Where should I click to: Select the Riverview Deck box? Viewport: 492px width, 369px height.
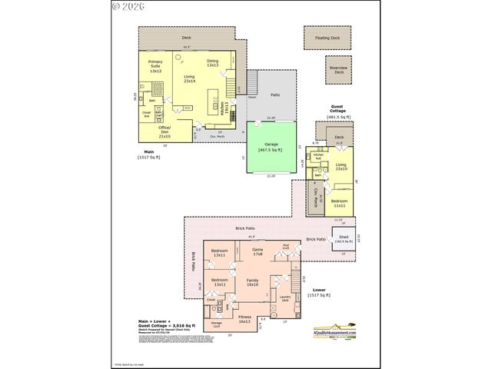[338, 70]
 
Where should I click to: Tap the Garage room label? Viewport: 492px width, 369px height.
[270, 148]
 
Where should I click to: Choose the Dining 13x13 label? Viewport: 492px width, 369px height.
[213, 63]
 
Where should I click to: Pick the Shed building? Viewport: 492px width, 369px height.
[343, 240]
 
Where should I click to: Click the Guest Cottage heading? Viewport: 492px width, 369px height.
[338, 111]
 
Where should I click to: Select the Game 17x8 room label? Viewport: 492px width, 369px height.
[258, 251]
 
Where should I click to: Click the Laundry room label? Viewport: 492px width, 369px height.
[284, 299]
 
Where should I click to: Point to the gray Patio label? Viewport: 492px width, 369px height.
[274, 95]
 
